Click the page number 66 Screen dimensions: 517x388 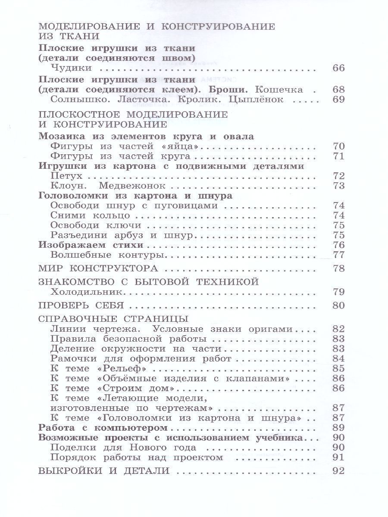click(x=339, y=68)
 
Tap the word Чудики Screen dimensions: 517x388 click(x=71, y=68)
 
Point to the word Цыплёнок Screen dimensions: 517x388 click(x=258, y=100)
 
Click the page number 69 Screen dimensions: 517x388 click(x=339, y=100)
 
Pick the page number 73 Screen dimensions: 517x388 click(x=339, y=186)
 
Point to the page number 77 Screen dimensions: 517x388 click(x=339, y=255)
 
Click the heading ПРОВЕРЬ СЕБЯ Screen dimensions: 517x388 click(x=81, y=305)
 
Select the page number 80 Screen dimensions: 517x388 click(x=339, y=305)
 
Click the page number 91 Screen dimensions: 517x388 click(x=339, y=457)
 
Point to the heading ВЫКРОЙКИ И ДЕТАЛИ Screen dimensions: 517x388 click(x=103, y=470)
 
